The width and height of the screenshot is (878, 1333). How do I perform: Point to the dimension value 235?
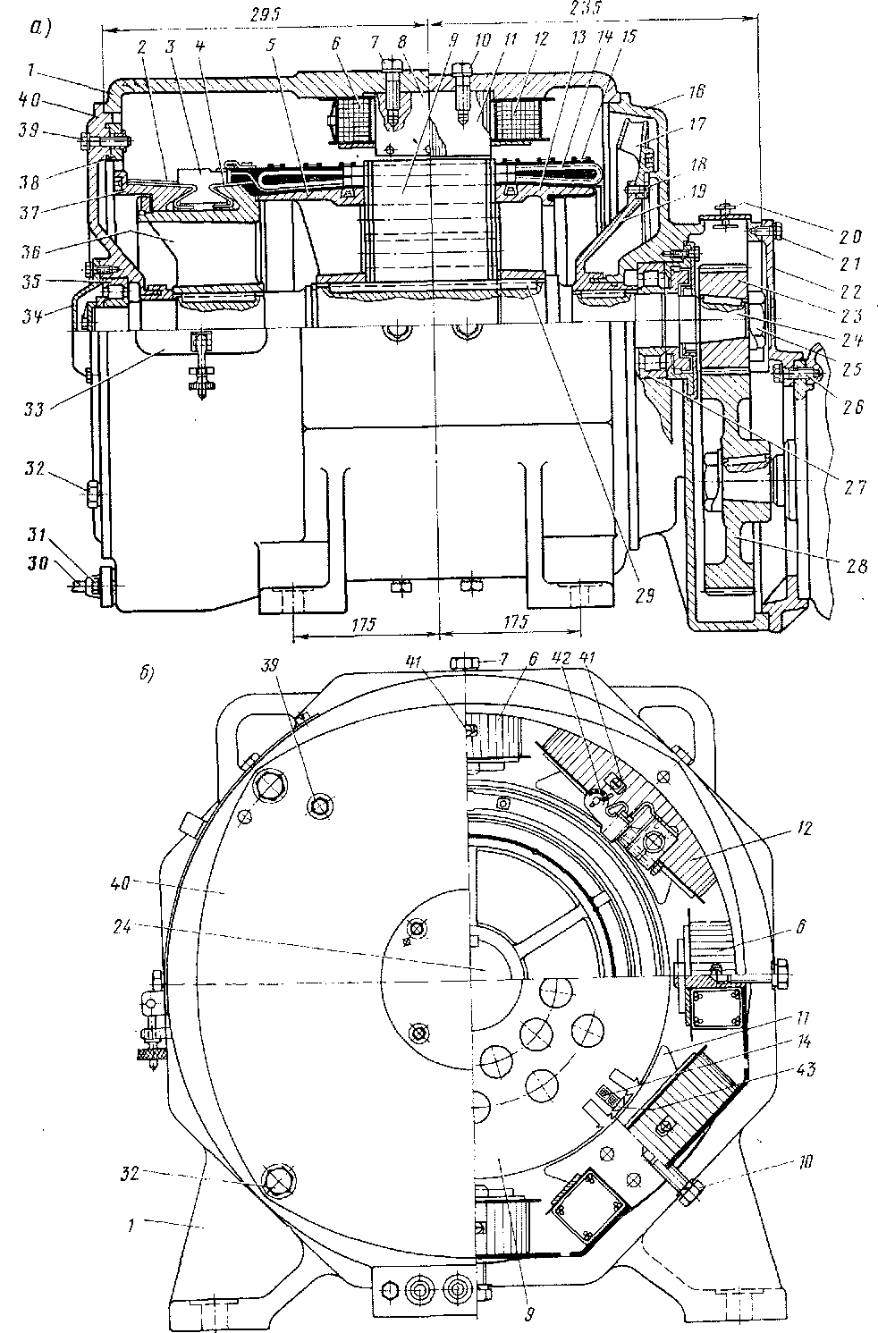(582, 8)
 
